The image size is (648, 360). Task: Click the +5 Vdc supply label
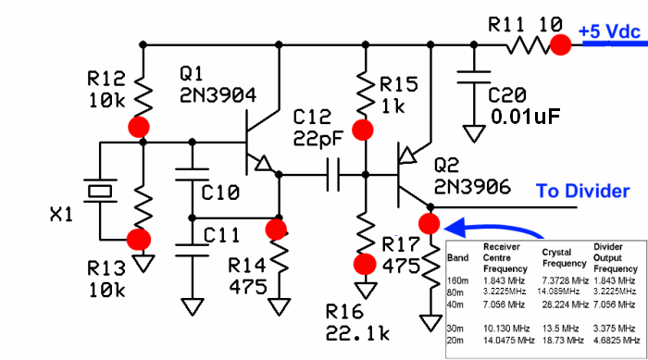pyautogui.click(x=609, y=31)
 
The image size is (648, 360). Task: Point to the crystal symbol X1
pyautogui.click(x=97, y=192)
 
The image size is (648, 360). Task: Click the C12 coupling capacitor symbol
pyautogui.click(x=332, y=173)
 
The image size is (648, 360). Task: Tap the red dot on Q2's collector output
pyautogui.click(x=428, y=223)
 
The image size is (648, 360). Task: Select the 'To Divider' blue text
pyautogui.click(x=584, y=191)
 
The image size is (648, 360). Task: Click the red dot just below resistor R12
pyautogui.click(x=142, y=126)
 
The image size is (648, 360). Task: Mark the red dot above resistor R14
pyautogui.click(x=276, y=228)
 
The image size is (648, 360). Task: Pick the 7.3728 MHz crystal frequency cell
pyautogui.click(x=564, y=279)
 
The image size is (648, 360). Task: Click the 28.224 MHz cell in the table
pyautogui.click(x=564, y=303)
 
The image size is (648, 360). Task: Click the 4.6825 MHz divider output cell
pyautogui.click(x=615, y=340)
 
